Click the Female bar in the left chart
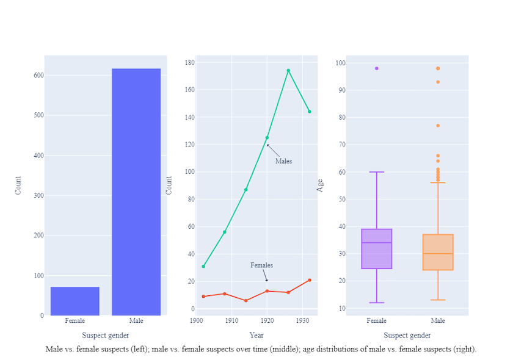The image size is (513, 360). [75, 301]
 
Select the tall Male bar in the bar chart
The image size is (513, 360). [136, 192]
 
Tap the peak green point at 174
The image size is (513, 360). [288, 71]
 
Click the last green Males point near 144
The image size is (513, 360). [310, 112]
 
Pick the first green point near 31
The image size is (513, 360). [203, 266]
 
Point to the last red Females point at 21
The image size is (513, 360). [310, 280]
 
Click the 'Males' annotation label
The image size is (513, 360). [283, 162]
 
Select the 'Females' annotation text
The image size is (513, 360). [261, 265]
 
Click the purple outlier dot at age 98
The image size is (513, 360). [377, 68]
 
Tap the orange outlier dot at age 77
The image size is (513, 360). [438, 126]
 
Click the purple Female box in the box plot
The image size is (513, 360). [377, 249]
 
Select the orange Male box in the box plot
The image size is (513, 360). [438, 252]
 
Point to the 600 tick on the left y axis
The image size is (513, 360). [38, 76]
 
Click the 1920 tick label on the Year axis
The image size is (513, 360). [267, 320]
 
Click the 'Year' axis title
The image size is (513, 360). [256, 335]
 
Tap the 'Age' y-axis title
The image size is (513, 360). [320, 185]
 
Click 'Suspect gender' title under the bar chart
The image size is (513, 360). [106, 335]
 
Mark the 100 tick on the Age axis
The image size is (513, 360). [340, 63]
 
